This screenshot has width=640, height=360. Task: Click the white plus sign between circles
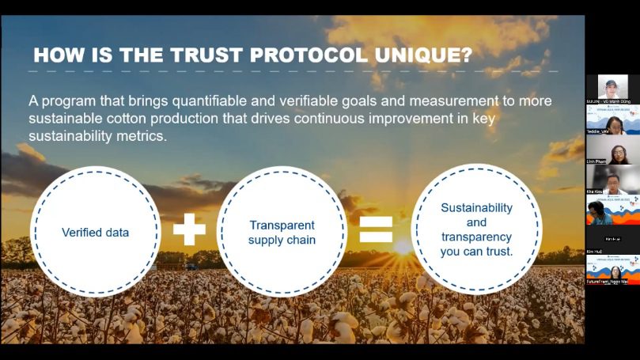click(x=189, y=229)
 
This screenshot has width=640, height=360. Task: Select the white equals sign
click(x=376, y=229)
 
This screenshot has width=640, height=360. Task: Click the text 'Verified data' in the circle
click(x=95, y=233)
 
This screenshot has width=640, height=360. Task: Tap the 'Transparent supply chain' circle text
click(x=282, y=233)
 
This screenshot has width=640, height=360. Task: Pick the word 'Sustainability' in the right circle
click(x=476, y=208)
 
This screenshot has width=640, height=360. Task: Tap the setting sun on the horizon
click(x=403, y=246)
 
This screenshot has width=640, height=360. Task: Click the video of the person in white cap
click(x=612, y=86)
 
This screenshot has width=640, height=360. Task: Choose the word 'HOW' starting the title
click(x=55, y=55)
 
